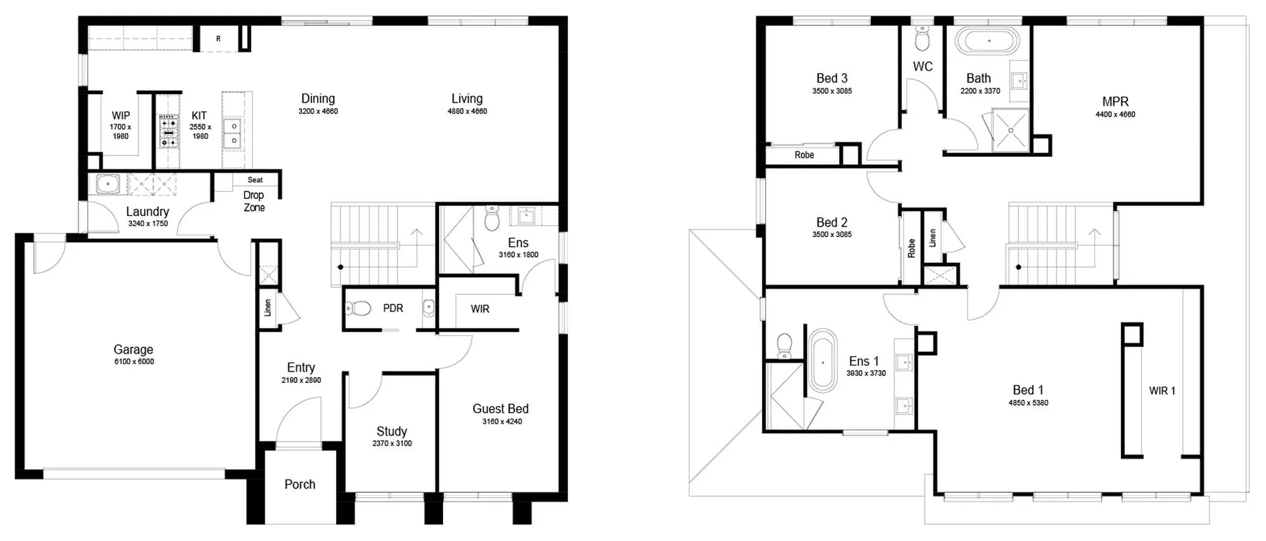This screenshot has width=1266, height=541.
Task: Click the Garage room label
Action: point(133,349)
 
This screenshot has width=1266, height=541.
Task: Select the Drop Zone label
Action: point(254,201)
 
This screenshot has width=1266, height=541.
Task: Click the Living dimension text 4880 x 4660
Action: point(467,111)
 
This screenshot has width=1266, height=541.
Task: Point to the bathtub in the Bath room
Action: point(988,41)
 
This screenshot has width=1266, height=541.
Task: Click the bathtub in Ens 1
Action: point(822,361)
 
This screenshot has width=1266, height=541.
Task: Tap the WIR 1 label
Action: point(1162,391)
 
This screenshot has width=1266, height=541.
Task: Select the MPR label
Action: point(1115,101)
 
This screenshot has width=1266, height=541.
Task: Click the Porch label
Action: point(299,484)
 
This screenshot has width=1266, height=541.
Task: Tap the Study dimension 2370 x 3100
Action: point(392,443)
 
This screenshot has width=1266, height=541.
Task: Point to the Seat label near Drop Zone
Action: point(255,180)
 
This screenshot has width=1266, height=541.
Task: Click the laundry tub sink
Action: point(107,184)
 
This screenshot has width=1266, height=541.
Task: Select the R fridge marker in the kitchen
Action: point(218,39)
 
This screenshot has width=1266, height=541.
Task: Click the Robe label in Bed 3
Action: point(804,155)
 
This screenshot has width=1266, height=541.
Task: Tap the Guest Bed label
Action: point(500,409)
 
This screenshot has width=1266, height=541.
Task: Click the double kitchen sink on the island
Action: point(232,132)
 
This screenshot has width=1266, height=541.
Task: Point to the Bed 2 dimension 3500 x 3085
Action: point(831,235)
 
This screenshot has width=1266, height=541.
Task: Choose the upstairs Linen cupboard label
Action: point(932,238)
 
